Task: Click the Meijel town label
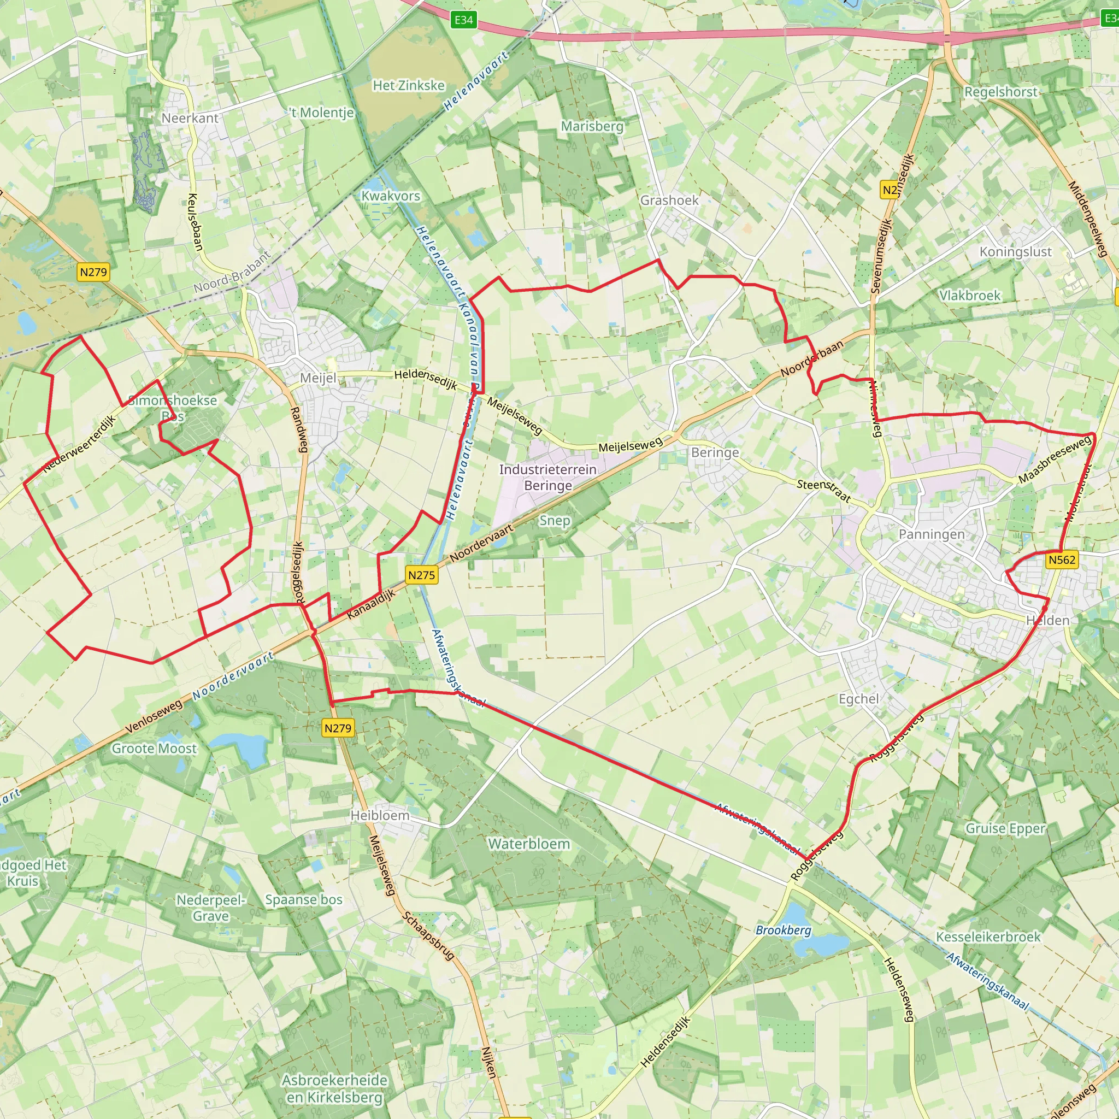[317, 378]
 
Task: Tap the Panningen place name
[932, 534]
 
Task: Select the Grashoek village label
[669, 201]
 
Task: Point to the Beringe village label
[715, 452]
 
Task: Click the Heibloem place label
[380, 816]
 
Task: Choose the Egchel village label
[858, 699]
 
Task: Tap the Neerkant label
[190, 118]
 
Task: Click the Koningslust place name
[1015, 252]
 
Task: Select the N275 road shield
[421, 575]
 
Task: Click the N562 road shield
[1062, 559]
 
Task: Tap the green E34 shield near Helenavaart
[463, 20]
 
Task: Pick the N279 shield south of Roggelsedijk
[338, 728]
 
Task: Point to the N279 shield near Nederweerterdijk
[93, 272]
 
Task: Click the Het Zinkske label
[408, 86]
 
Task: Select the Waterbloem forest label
[529, 844]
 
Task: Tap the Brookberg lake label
[783, 930]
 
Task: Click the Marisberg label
[592, 126]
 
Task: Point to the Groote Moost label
[154, 749]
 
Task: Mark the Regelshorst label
[1001, 92]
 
